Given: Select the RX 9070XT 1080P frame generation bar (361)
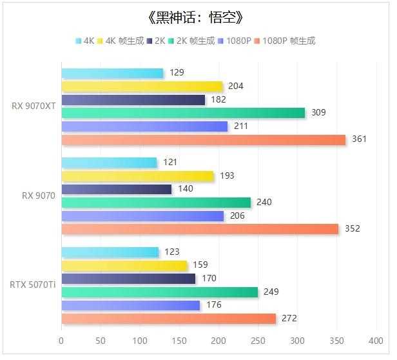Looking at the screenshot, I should [x=203, y=139].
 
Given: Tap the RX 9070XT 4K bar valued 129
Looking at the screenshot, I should [x=112, y=73].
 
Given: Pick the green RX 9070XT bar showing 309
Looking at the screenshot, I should [x=183, y=113].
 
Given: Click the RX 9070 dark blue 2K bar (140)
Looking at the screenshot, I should [x=117, y=189].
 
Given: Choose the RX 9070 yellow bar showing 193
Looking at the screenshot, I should [x=137, y=176].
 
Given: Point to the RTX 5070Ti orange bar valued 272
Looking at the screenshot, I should [x=168, y=318].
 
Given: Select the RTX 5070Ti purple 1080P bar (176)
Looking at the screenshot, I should [x=131, y=305].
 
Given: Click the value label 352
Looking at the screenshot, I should [x=353, y=228].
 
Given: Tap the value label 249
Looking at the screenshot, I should [x=271, y=292].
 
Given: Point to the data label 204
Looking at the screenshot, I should [x=236, y=86].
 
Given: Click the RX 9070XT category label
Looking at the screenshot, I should [x=34, y=106].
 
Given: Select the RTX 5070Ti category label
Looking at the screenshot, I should [x=32, y=285].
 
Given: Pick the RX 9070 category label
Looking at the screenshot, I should [x=39, y=195].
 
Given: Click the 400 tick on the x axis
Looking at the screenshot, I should [x=376, y=340].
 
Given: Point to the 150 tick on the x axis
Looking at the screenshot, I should [x=179, y=340].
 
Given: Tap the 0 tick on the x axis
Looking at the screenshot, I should [x=61, y=340].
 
